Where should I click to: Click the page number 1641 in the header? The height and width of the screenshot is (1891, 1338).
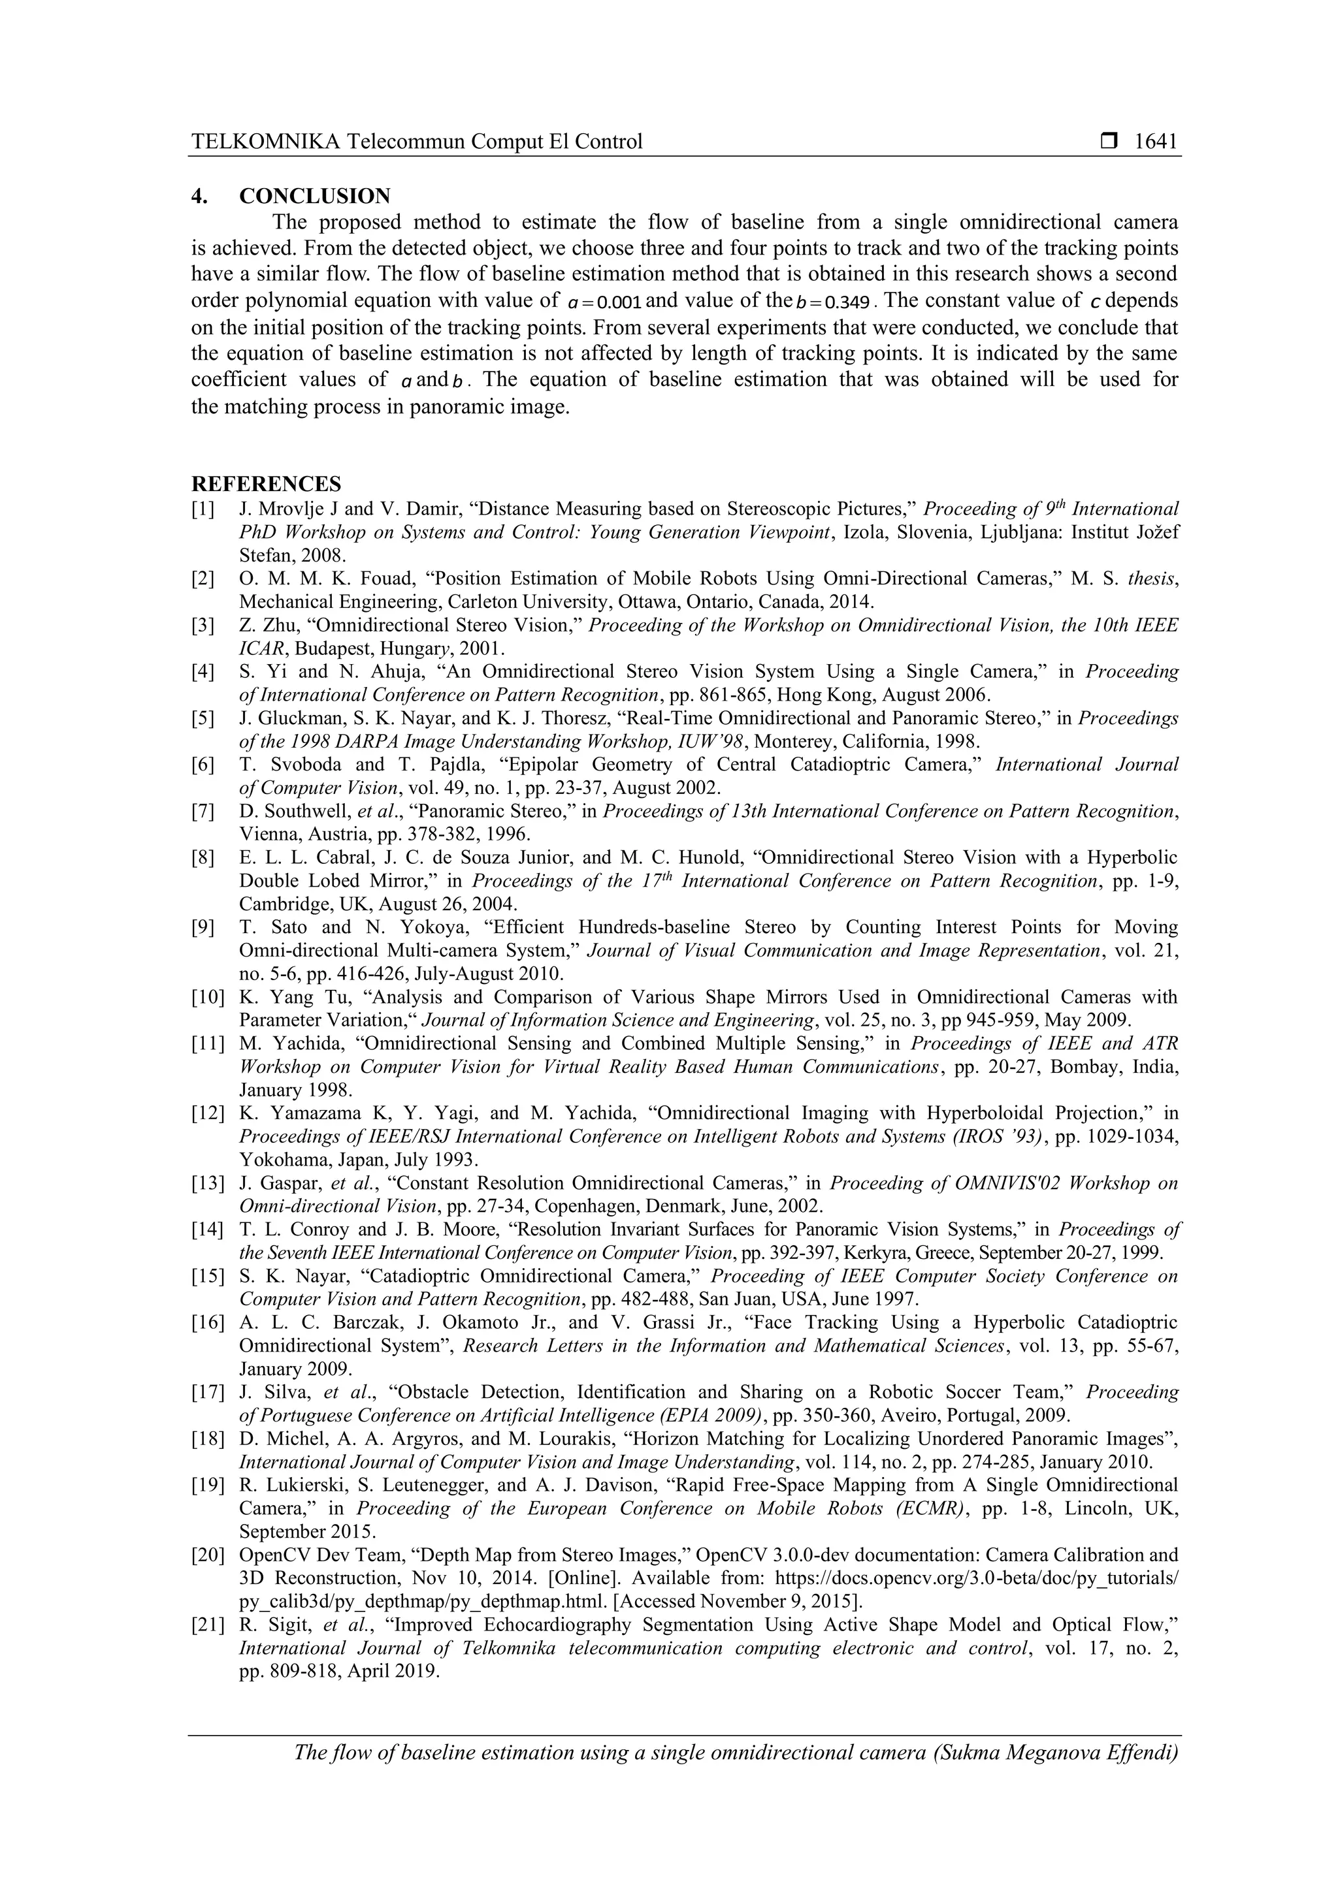click(1156, 142)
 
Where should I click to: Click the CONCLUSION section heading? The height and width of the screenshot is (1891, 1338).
click(315, 196)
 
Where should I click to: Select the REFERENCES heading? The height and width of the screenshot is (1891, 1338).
click(266, 483)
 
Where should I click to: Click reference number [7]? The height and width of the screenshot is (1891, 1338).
click(203, 811)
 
